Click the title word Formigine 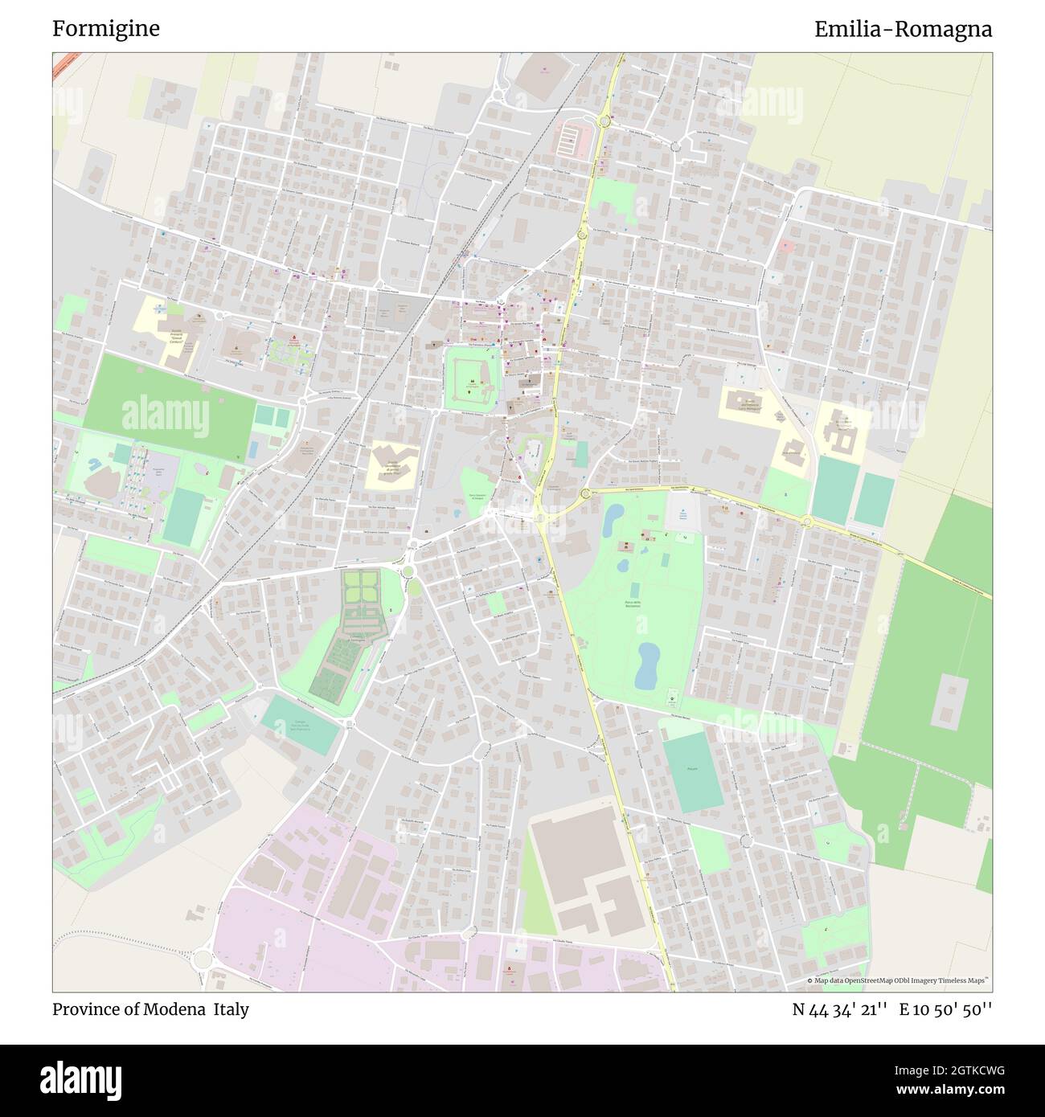(106, 29)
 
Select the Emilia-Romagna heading (903, 29)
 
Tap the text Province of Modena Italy (150, 1009)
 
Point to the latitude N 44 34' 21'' (839, 1009)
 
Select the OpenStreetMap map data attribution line (899, 980)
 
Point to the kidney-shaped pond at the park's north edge (611, 520)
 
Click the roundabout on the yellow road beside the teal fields (806, 522)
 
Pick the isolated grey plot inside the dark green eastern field (953, 698)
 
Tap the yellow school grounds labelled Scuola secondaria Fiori (392, 464)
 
